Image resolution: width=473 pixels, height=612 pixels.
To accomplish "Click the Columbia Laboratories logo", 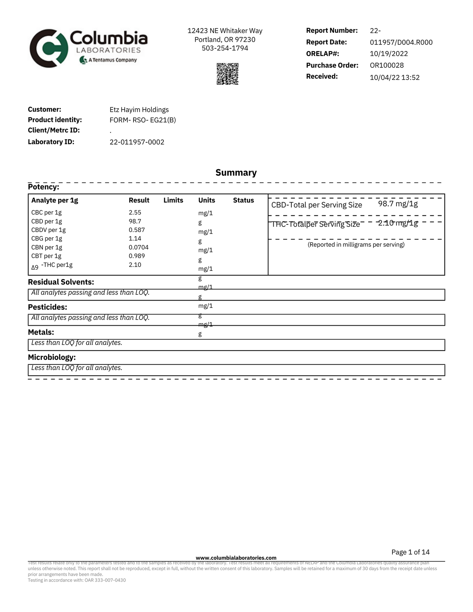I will tap(88, 48).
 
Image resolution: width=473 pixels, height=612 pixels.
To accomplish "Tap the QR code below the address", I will tap(227, 74).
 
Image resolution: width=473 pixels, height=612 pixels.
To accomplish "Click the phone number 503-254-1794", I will tap(225, 48).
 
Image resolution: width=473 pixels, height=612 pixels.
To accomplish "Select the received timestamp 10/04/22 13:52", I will tap(394, 78).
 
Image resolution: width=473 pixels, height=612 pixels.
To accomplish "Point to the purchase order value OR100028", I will tap(387, 65).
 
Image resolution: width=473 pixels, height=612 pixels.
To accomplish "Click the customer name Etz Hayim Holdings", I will tap(139, 110).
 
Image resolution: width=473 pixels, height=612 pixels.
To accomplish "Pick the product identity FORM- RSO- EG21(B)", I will tap(143, 120).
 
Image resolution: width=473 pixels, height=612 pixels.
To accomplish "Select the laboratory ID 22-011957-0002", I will tap(137, 142).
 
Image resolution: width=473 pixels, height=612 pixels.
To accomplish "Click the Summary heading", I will tap(236, 173).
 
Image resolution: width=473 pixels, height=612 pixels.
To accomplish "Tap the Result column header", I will tap(139, 200).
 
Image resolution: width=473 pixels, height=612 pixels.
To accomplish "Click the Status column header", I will tap(243, 200).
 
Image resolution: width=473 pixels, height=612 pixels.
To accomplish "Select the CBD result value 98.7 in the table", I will tap(135, 221).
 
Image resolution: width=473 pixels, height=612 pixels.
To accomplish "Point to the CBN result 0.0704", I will tap(138, 247).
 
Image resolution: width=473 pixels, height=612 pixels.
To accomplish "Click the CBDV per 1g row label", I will tap(48, 230).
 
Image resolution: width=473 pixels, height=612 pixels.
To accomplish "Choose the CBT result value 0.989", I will tap(136, 256).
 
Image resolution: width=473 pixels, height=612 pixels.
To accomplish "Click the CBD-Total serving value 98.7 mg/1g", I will tap(398, 204).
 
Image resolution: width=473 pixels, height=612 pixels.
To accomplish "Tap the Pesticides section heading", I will tap(47, 307).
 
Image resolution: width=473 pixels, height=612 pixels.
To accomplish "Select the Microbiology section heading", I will tap(52, 357).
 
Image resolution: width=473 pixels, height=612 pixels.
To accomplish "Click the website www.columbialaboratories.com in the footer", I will tap(236, 558).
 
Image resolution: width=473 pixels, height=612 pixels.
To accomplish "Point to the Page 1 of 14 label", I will tap(410, 552).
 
